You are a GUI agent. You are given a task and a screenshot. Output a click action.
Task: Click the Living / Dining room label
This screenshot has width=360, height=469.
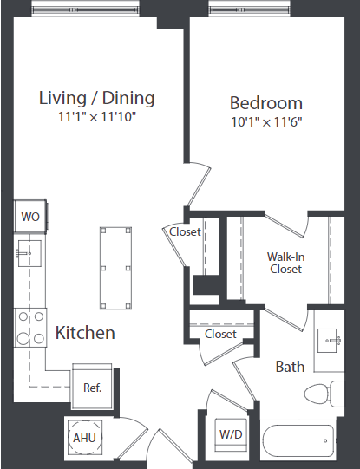point(96,97)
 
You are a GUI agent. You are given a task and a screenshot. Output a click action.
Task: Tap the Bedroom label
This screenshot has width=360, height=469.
point(266,102)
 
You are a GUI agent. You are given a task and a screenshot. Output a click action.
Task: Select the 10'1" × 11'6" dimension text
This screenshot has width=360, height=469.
point(266,121)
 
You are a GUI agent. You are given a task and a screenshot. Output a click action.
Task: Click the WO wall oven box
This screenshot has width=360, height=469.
point(29,215)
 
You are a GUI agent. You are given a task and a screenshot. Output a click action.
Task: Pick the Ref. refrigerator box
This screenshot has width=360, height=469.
point(93,388)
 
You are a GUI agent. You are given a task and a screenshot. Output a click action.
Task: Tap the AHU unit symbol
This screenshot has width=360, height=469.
point(84,438)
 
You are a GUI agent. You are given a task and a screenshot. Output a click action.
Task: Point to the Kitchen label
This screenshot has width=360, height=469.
point(85,333)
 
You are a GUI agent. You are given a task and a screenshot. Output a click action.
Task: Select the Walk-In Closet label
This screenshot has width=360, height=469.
point(285,263)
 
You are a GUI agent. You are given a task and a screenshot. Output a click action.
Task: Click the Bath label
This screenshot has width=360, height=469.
point(290,367)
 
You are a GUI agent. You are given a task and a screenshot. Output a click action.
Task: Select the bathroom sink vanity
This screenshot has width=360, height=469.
point(329,338)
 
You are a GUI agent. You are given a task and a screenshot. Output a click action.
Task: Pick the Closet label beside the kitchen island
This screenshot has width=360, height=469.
point(185,231)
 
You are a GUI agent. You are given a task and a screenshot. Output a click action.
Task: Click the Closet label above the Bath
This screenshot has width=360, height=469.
point(220,334)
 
